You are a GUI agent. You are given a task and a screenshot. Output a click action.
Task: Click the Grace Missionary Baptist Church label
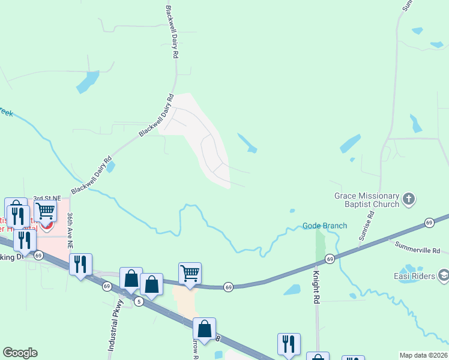point(367,200)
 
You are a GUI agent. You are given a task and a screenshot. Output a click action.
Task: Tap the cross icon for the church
point(408,199)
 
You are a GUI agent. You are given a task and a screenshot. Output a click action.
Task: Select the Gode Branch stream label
point(324,226)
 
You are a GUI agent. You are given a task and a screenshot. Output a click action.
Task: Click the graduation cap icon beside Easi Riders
point(443,275)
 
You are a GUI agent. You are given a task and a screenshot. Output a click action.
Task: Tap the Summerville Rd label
point(417,247)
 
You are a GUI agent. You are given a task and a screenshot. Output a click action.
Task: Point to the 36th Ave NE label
point(70,230)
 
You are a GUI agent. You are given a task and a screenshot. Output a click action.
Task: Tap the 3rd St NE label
point(47,198)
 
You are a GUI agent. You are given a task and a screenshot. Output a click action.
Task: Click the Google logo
point(20,353)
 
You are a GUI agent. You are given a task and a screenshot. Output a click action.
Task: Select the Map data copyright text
point(423,355)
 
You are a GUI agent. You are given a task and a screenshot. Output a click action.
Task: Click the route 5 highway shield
point(139,300)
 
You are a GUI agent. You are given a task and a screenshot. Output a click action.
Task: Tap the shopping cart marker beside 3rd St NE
point(45,211)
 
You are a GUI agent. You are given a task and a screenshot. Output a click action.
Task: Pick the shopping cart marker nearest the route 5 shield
point(190,273)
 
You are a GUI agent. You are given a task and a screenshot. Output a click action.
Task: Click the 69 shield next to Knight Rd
point(330,259)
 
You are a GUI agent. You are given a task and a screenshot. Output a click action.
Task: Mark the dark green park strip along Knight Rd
point(320,246)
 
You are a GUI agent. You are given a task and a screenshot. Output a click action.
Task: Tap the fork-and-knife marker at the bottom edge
point(289,344)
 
